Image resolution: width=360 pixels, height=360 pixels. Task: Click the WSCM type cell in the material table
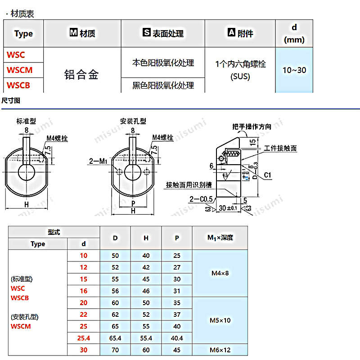pyautogui.click(x=19, y=70)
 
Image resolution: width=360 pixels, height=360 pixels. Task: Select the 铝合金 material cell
pyautogui.click(x=81, y=74)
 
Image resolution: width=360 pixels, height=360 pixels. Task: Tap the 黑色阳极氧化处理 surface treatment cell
pyautogui.click(x=163, y=85)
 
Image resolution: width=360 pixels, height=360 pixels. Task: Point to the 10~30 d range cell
pyautogui.click(x=294, y=70)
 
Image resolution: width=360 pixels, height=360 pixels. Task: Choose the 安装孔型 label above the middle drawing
pyautogui.click(x=133, y=121)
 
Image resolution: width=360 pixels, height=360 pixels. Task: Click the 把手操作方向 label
pyautogui.click(x=252, y=127)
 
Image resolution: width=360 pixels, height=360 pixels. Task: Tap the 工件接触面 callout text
pyautogui.click(x=280, y=148)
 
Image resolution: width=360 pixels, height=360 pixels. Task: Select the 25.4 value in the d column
pyautogui.click(x=83, y=337)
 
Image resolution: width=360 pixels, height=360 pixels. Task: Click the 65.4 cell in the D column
pyautogui.click(x=115, y=337)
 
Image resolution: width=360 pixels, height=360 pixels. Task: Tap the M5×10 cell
pyautogui.click(x=220, y=320)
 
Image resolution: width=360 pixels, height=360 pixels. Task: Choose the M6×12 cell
pyautogui.click(x=220, y=350)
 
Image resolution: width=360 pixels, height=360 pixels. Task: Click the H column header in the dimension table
pyautogui.click(x=146, y=238)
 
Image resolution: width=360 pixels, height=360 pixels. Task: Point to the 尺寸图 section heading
pyautogui.click(x=11, y=100)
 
